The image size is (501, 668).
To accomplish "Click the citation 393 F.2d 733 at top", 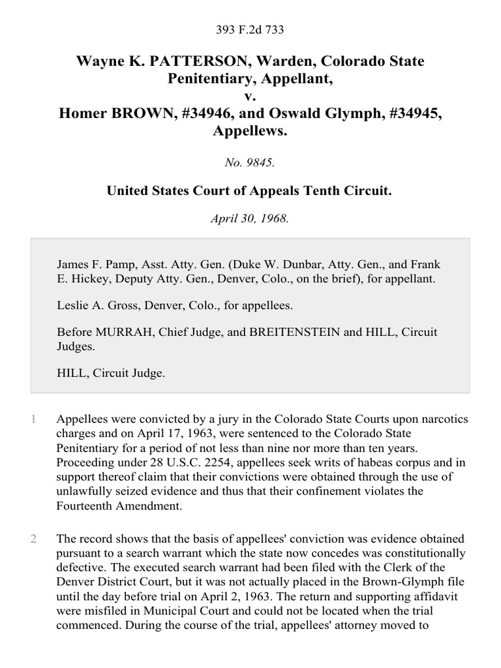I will click(250, 29).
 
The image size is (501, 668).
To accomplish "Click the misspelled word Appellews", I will click(250, 131).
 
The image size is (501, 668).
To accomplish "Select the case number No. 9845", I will click(250, 163).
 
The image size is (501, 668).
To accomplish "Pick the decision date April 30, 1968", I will click(250, 219).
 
